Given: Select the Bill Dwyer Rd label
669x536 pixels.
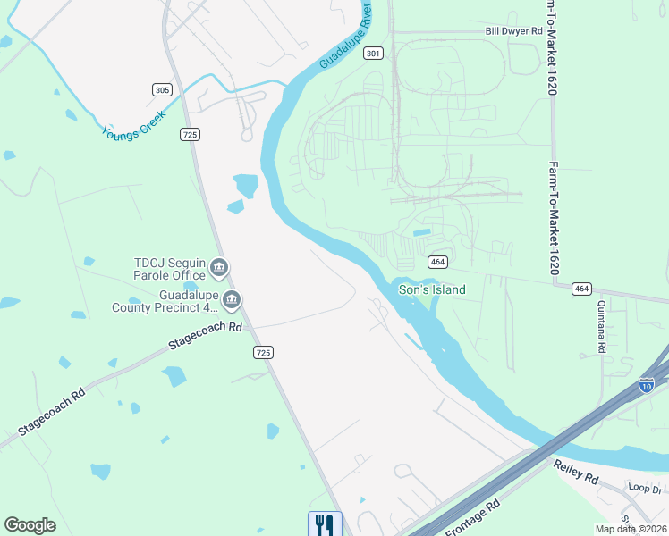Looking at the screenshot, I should [513, 31].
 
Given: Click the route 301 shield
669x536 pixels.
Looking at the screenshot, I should [374, 54].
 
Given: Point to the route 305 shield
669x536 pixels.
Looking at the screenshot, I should [162, 89].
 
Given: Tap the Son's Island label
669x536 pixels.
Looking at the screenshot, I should [432, 289].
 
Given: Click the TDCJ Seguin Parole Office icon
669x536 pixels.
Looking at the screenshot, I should [220, 268].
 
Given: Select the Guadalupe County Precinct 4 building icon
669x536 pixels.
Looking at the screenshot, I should [232, 300].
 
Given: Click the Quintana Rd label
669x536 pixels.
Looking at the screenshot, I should [601, 331].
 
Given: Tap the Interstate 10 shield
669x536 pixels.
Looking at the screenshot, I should [647, 384].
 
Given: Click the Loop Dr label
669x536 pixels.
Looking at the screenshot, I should [644, 490].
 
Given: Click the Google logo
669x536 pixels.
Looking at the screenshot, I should [30, 525].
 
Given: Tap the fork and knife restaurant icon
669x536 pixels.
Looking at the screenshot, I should [325, 523].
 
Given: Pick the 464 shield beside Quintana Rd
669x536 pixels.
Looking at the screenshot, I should [582, 288].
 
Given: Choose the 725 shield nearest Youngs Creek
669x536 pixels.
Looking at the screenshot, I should [189, 134].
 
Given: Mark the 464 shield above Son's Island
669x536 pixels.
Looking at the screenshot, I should [437, 262].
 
